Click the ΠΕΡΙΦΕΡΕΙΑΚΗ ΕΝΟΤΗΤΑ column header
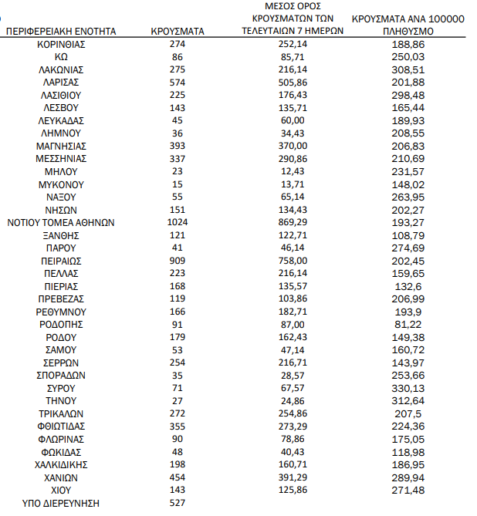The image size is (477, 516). click(x=61, y=32)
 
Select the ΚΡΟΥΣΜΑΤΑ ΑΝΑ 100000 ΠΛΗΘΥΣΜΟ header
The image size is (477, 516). click(x=408, y=25)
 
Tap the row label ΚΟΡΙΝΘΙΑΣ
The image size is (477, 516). click(x=61, y=45)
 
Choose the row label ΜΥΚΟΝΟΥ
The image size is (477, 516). click(x=61, y=184)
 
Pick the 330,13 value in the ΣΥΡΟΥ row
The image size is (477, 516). click(x=408, y=388)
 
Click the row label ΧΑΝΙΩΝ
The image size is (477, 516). click(x=61, y=477)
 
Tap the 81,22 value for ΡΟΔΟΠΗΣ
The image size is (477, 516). click(x=408, y=325)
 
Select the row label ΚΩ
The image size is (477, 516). click(x=61, y=57)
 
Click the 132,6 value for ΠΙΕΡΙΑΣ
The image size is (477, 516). click(x=408, y=286)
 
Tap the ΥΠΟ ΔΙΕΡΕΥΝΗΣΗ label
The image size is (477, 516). click(x=61, y=503)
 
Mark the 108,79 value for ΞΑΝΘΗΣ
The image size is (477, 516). click(x=408, y=235)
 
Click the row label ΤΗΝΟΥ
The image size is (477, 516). click(x=61, y=401)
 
